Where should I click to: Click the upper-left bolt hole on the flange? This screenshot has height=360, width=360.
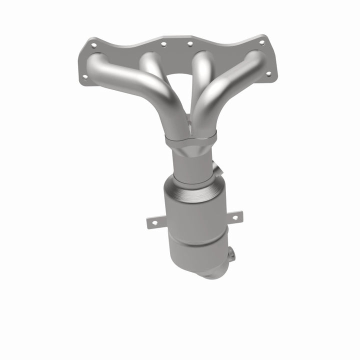click(x=93, y=45)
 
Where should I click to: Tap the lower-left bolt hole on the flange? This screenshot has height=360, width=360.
click(x=85, y=76)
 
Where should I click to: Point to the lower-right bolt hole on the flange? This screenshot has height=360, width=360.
click(x=268, y=73)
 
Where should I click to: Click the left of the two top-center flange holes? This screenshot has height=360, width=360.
click(x=163, y=44)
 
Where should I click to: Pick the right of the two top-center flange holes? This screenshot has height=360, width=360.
click(x=189, y=44)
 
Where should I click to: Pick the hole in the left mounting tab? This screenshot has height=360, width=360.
click(x=153, y=222)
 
